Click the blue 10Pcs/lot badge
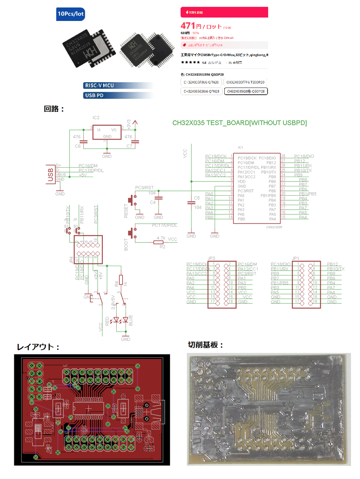70,14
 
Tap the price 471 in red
188,26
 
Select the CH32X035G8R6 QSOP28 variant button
246,91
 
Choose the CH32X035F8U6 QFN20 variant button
201,82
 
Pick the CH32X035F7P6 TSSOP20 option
245,82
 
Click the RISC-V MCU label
99,86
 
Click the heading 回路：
54,109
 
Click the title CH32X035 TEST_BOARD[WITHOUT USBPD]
239,123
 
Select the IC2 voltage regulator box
107,132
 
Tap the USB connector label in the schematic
50,175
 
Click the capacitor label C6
78,146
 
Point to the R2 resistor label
162,247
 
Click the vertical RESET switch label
126,211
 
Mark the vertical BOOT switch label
126,245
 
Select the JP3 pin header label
211,258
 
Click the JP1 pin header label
295,258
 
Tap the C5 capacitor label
197,198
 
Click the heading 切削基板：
206,345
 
